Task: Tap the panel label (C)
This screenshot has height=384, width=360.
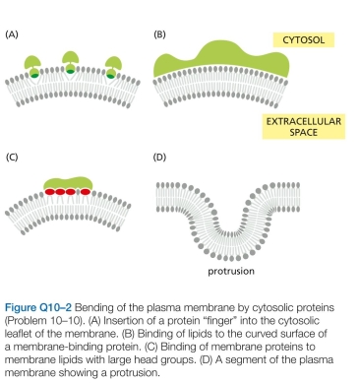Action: (x=12, y=156)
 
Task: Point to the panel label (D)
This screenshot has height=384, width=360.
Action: (x=159, y=156)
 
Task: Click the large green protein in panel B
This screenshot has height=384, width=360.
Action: (x=226, y=56)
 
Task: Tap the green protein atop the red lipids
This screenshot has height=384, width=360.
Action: (x=72, y=178)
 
